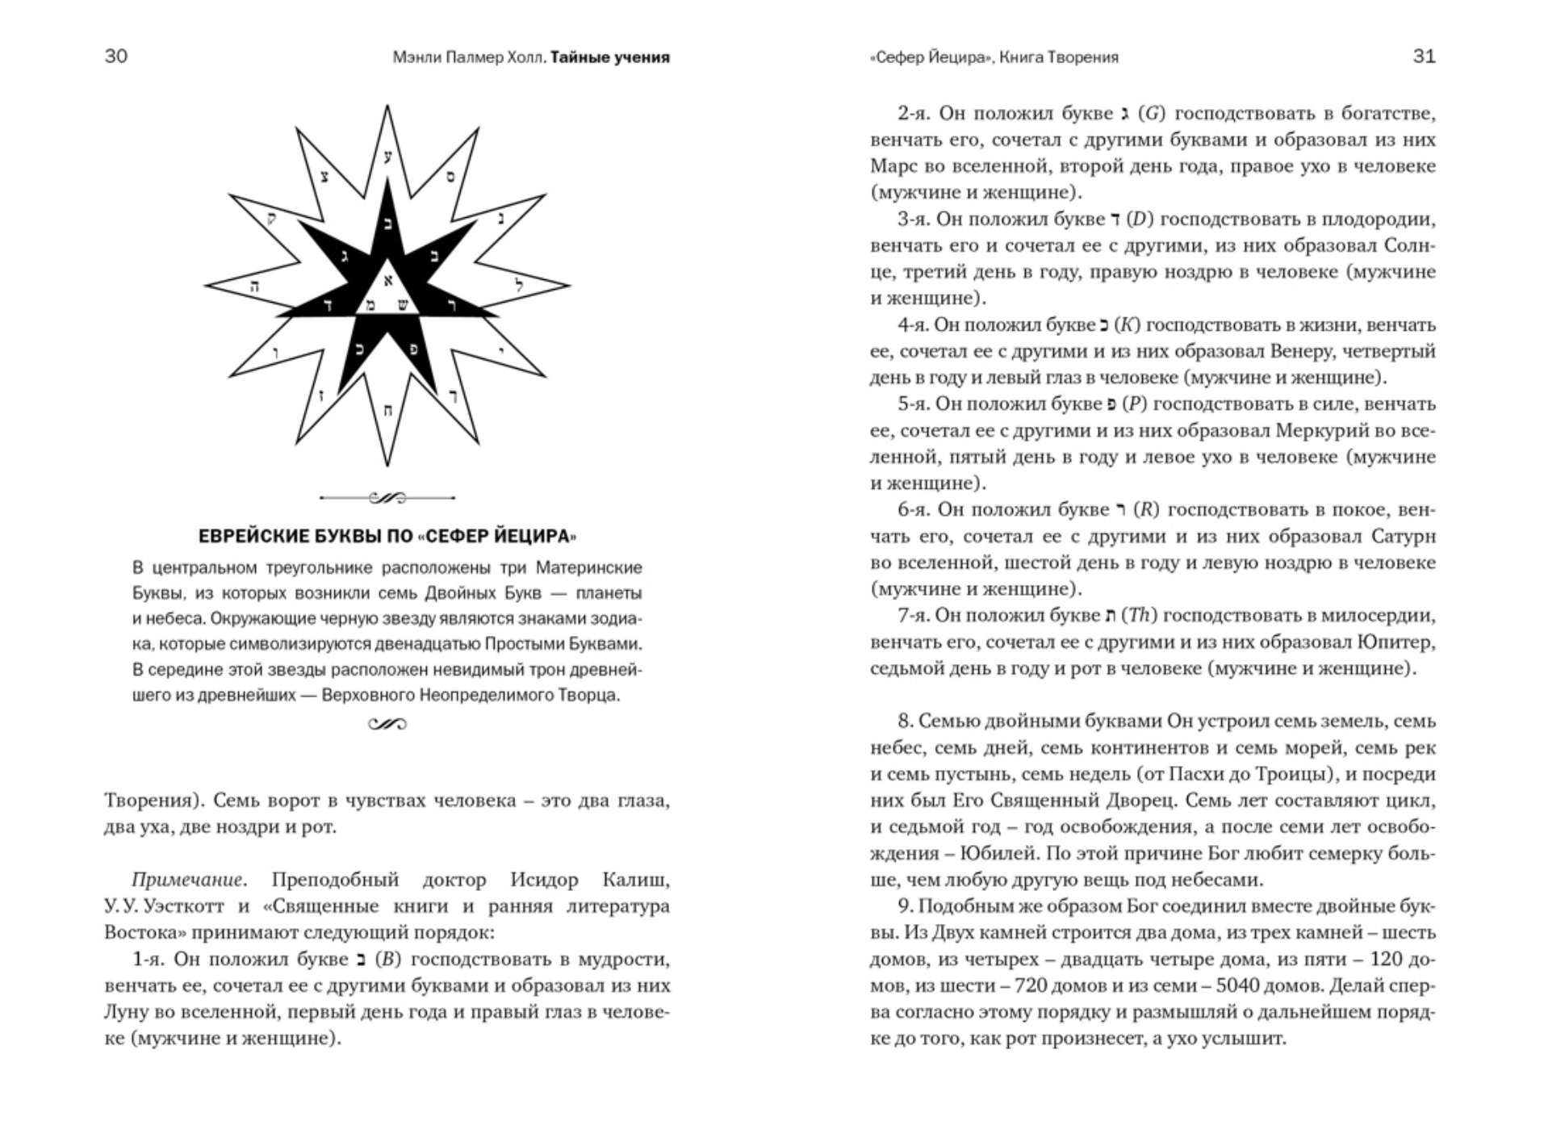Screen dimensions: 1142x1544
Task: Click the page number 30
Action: (116, 56)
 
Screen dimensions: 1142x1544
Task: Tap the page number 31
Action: (1425, 56)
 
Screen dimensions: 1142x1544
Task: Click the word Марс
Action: (893, 166)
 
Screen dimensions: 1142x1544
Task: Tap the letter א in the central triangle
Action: (387, 281)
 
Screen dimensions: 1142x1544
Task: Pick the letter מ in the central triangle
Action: (370, 305)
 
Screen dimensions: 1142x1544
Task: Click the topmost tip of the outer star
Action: (387, 106)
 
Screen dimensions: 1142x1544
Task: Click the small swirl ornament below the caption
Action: (387, 724)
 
